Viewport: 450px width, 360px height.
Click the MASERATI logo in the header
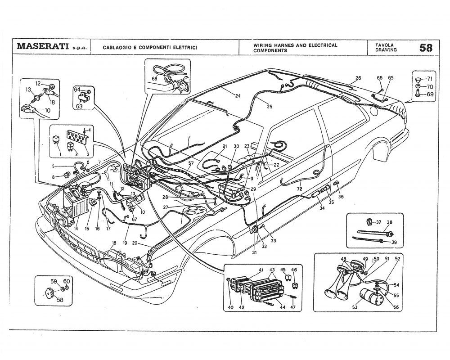(43, 47)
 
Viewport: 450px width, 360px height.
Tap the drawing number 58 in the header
(426, 47)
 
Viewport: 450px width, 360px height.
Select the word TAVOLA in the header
(384, 45)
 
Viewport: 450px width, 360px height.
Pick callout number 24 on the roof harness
(237, 95)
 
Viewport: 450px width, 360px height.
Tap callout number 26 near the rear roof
(358, 78)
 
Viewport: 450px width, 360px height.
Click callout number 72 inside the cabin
(299, 189)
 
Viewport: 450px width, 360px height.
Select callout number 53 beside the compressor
(355, 308)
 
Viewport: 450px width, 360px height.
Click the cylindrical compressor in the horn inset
(372, 298)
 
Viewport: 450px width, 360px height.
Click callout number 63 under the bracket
(79, 107)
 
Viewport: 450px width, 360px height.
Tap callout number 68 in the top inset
(155, 79)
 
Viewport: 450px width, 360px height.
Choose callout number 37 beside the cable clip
(378, 222)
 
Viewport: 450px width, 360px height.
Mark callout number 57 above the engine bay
(191, 163)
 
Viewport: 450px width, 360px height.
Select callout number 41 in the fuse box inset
(261, 270)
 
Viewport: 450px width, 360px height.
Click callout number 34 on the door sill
(322, 208)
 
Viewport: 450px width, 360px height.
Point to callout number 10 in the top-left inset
(47, 110)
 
